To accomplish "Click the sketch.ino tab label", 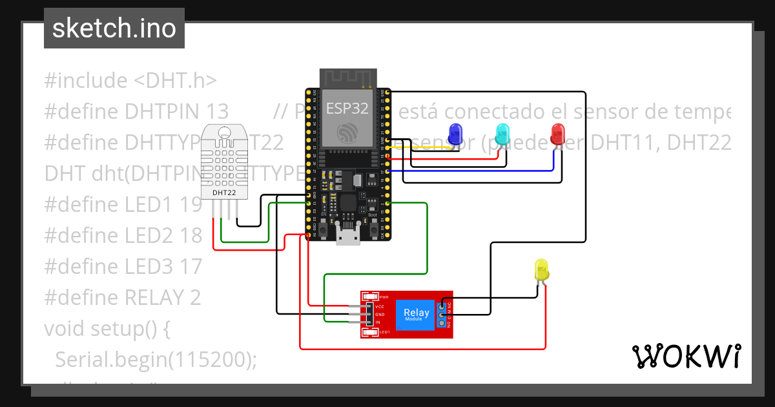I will (x=114, y=28).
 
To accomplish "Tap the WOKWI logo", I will (x=685, y=356).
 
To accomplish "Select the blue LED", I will (x=455, y=134).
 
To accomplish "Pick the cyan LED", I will (x=502, y=134).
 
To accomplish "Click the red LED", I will (x=557, y=134).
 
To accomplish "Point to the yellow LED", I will (x=541, y=269).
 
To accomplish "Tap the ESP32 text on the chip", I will (x=347, y=108).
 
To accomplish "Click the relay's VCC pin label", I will (x=380, y=306).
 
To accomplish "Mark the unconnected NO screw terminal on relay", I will (x=443, y=322).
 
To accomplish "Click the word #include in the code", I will (x=85, y=81).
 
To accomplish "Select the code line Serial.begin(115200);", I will (x=155, y=360).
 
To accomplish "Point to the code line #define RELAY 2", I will (x=123, y=297).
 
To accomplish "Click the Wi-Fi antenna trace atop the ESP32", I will (x=349, y=79).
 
